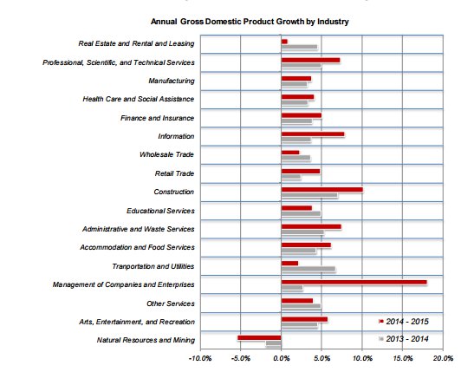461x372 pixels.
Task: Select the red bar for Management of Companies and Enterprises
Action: [354, 282]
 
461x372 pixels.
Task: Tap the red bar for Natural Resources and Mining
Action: [259, 337]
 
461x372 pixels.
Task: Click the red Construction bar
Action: [321, 188]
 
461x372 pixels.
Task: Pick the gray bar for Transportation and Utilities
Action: [308, 269]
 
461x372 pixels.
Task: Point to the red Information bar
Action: [312, 134]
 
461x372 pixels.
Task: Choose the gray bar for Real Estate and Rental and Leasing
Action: [299, 47]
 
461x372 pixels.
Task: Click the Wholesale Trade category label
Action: [166, 154]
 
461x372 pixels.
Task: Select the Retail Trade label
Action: [173, 173]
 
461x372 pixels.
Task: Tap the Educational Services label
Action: [160, 210]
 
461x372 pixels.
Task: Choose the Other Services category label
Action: [170, 303]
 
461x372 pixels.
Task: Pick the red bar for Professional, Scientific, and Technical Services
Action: [310, 60]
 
